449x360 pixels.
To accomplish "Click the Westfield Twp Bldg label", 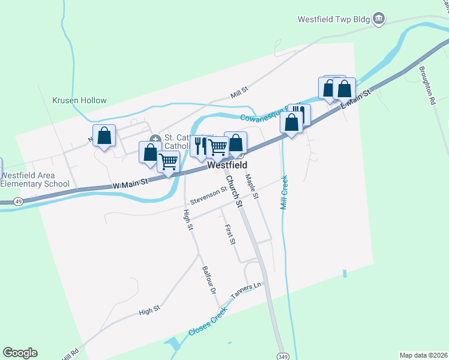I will pos(333,19).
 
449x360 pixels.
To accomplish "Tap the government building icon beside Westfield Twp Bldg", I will pos(379,19).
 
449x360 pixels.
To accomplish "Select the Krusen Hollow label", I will pos(79,101).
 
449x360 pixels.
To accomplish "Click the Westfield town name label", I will pos(228,165).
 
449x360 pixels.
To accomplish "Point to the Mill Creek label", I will pos(285,192).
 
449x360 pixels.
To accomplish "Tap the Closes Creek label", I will pos(208,322).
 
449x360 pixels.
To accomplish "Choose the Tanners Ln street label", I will pos(247,291).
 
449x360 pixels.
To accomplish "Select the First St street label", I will pos(230,235).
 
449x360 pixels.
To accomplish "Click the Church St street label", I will pos(234,191).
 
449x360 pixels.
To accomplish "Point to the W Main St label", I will pos(130,187).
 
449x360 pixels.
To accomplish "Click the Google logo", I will pos(20,353).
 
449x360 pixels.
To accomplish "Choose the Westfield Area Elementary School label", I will pos(35,179).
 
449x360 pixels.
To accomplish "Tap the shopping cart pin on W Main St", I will pos(168,161).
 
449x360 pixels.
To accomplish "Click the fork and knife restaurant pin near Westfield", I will pos(199,146).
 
